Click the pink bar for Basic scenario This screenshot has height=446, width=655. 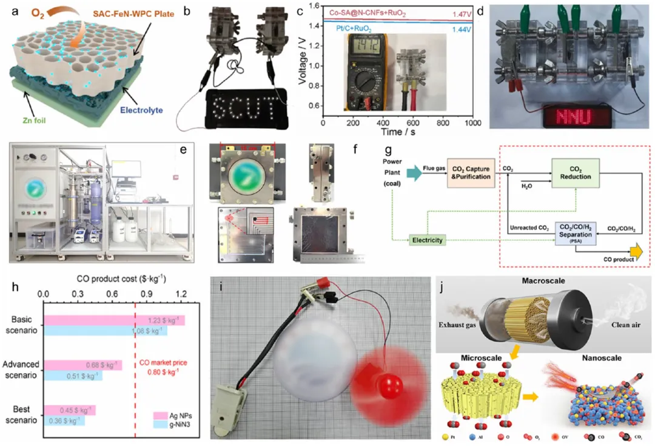(x=114, y=320)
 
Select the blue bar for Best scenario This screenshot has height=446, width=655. (x=64, y=421)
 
